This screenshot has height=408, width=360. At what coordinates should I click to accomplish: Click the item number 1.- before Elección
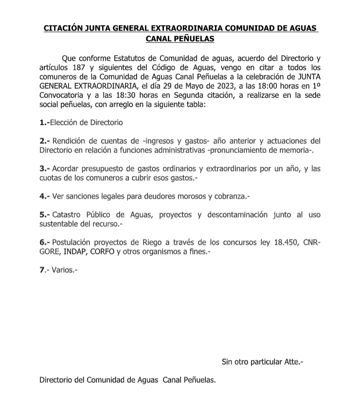pos(45,123)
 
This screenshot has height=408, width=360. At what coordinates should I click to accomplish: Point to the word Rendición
pos(71,141)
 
